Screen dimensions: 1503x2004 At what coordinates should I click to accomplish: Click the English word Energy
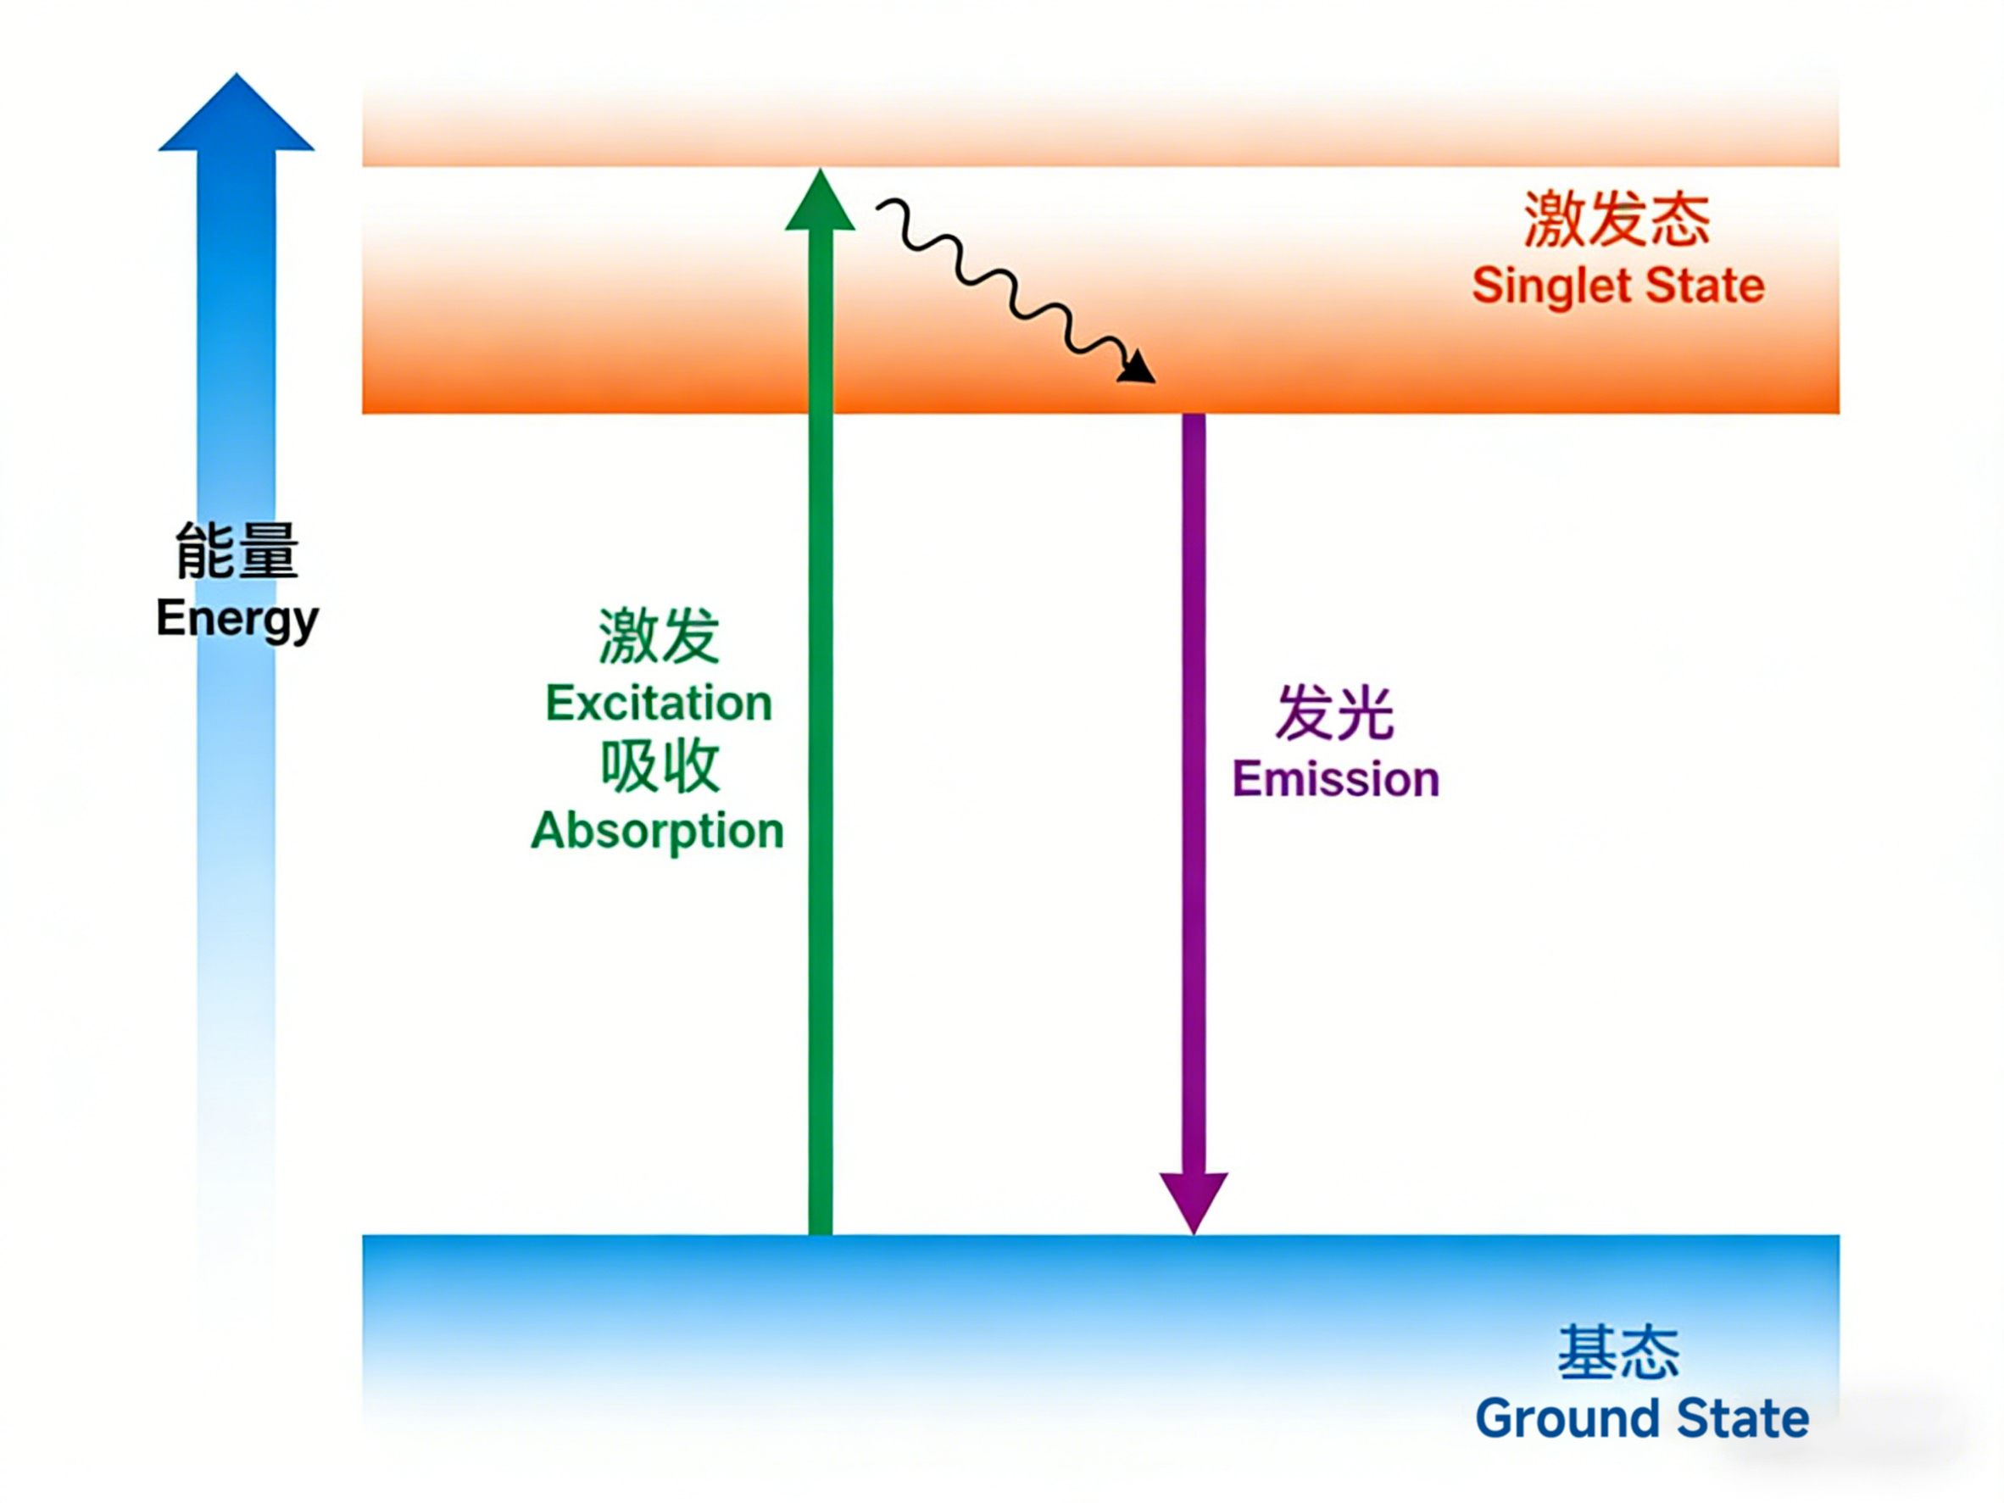pos(237,620)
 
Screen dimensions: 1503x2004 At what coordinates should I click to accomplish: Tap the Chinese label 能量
pos(237,552)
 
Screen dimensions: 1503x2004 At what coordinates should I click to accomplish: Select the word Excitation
pos(659,704)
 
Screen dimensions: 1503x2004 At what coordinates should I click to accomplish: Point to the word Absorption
pos(658,831)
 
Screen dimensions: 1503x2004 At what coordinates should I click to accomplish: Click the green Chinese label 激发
pos(660,637)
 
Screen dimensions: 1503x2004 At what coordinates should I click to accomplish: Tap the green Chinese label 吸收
pos(660,767)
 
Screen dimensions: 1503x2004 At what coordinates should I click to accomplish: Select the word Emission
pos(1335,780)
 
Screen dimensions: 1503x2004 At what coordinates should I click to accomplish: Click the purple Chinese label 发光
pos(1334,714)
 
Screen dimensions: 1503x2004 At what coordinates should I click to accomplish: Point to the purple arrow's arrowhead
pos(1194,1200)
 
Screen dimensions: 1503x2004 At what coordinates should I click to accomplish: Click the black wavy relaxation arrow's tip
pos(1139,370)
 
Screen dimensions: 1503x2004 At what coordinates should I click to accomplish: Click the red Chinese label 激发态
pos(1617,220)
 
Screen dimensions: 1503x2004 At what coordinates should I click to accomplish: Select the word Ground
pos(1568,1420)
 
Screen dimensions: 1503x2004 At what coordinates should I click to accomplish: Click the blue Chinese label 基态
pos(1618,1353)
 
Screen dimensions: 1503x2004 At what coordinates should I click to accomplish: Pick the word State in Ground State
pos(1742,1420)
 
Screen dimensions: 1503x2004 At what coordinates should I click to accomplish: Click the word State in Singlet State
pos(1704,287)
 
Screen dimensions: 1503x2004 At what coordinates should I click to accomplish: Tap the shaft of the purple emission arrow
pos(1194,770)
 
